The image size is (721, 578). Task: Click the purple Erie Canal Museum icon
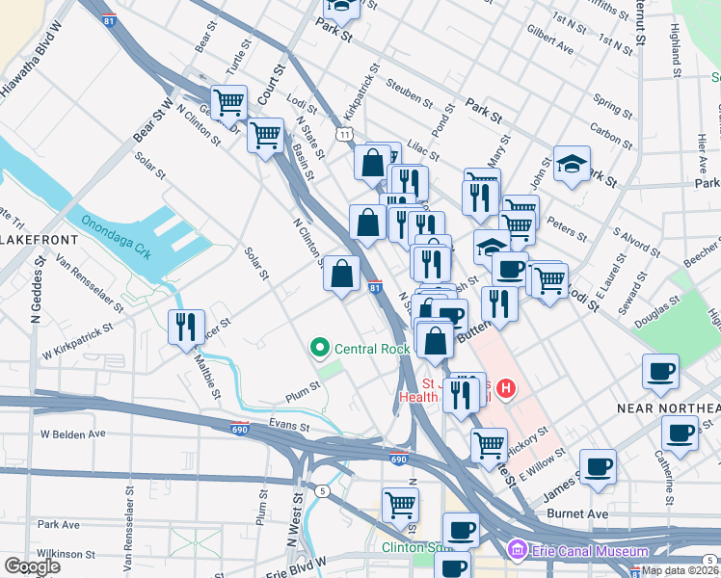tap(518, 550)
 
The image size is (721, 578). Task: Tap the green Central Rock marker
tap(317, 346)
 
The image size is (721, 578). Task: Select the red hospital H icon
tap(507, 389)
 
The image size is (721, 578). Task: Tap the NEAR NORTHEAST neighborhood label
tap(668, 408)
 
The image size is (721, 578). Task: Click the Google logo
tap(32, 566)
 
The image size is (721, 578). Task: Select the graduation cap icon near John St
tap(572, 164)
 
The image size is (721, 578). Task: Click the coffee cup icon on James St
tap(598, 465)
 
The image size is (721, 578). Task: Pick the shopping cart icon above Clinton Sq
tap(400, 504)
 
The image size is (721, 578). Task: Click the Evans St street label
tap(288, 425)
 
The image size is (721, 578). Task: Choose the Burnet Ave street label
tap(576, 514)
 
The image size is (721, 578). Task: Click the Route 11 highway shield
tap(344, 135)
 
